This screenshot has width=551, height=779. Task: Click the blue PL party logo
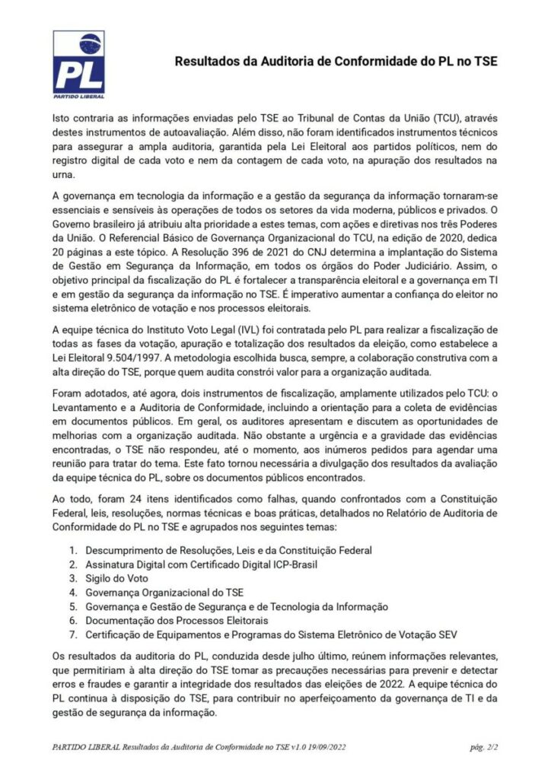tap(78, 65)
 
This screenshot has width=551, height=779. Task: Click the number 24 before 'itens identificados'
tap(139, 499)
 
